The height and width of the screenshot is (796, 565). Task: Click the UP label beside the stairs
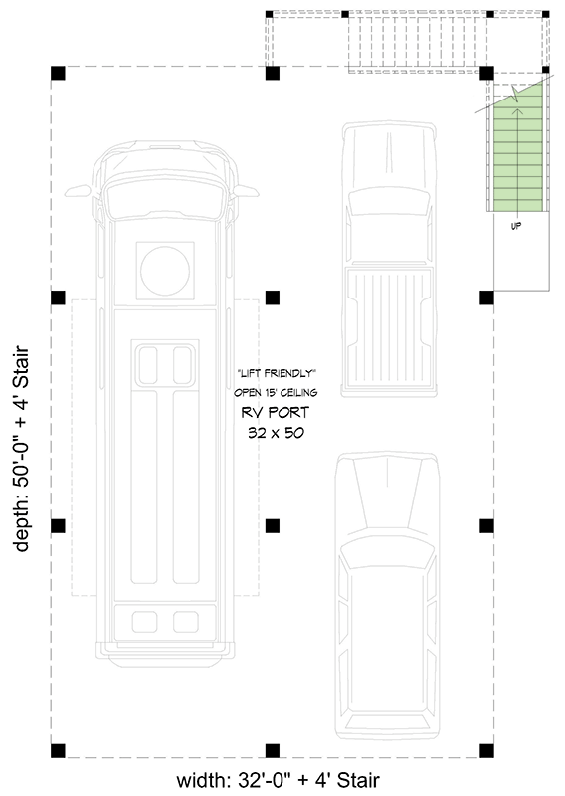pyautogui.click(x=516, y=226)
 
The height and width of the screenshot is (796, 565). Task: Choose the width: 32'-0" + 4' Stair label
pyautogui.click(x=278, y=780)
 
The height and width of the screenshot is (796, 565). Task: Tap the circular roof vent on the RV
pyautogui.click(x=164, y=270)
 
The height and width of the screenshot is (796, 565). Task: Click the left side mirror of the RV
pyautogui.click(x=78, y=188)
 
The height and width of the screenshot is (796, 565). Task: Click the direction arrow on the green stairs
pyautogui.click(x=515, y=99)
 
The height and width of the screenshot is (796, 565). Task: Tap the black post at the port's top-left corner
pyautogui.click(x=58, y=73)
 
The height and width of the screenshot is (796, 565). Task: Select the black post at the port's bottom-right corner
pyautogui.click(x=486, y=749)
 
